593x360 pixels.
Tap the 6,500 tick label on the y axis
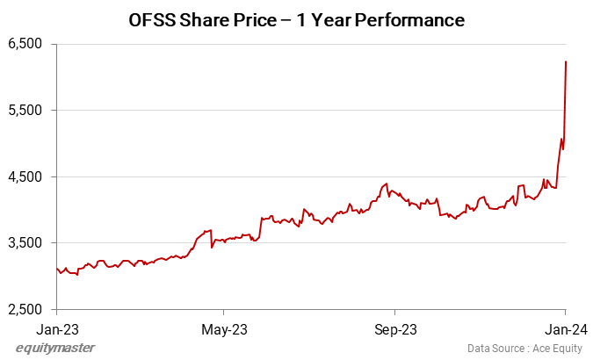(25, 44)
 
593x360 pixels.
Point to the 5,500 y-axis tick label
(25, 111)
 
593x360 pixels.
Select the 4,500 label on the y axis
(25, 177)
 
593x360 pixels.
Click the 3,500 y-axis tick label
(25, 243)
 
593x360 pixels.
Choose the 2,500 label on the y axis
(25, 310)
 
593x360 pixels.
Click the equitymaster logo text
(55, 348)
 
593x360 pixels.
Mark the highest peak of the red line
(566, 61)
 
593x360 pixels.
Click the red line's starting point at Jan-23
(56, 269)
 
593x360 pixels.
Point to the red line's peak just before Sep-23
(387, 184)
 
